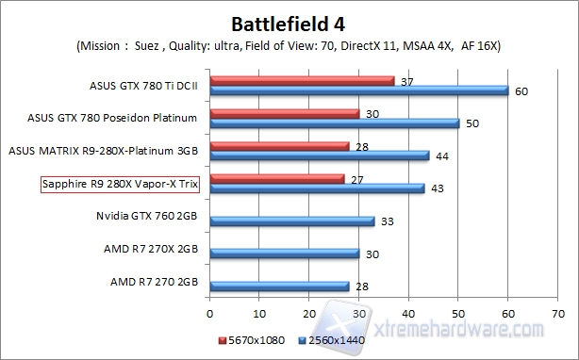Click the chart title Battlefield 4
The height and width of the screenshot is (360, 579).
[x=289, y=21]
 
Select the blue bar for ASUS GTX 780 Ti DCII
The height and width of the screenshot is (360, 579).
[x=359, y=90]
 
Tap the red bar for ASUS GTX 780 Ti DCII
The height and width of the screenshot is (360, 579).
[x=302, y=80]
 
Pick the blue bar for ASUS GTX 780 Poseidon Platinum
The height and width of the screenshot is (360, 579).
[x=335, y=123]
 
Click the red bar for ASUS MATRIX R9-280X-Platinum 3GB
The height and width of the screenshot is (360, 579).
[x=280, y=146]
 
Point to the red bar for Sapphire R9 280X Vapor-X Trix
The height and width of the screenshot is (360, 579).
[x=277, y=178]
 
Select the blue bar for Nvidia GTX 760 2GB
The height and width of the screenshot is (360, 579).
[x=292, y=221]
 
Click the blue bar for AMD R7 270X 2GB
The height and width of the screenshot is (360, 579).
[x=285, y=254]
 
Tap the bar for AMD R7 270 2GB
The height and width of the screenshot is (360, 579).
[x=280, y=286]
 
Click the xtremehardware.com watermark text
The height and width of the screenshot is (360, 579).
[x=462, y=329]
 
